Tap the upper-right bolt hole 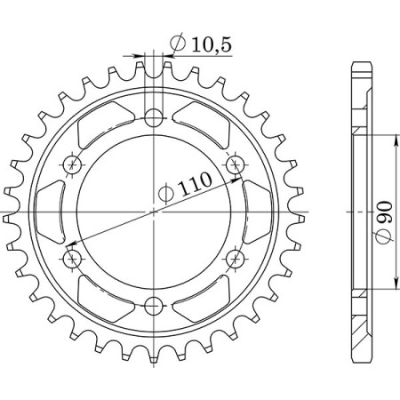pos(236,164)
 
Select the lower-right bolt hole pos(236,258)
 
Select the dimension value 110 pos(196,187)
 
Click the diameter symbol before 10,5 pos(175,43)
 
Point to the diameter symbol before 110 pos(166,195)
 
